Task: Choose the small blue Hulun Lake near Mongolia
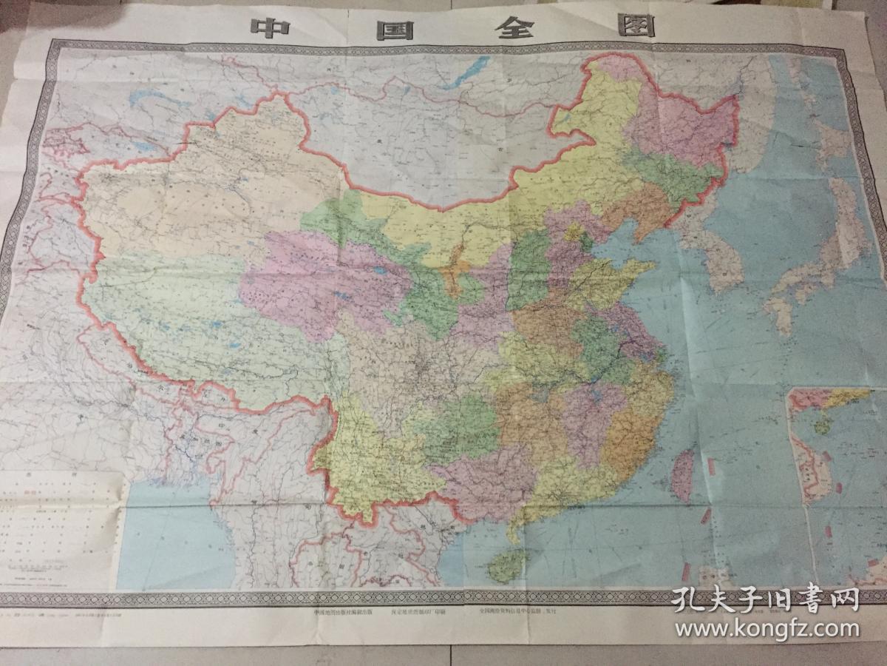(563, 117)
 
